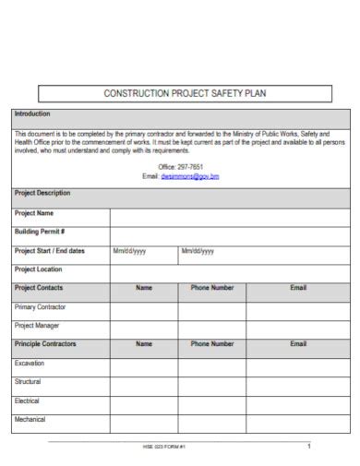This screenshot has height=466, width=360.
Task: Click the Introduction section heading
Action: click(x=34, y=114)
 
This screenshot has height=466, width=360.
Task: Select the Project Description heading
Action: click(x=42, y=193)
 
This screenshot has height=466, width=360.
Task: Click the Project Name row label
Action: click(x=34, y=212)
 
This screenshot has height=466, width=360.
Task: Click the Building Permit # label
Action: click(x=40, y=232)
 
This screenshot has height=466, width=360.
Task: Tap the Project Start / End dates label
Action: click(x=50, y=250)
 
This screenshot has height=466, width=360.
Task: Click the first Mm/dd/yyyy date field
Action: click(x=129, y=250)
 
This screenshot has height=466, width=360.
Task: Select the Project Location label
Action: click(x=39, y=269)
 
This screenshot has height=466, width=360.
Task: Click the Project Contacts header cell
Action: click(x=39, y=288)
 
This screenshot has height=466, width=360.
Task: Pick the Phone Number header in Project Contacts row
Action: click(x=212, y=288)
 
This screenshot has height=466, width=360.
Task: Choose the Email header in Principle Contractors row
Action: click(x=298, y=343)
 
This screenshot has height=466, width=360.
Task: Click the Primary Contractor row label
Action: click(x=40, y=306)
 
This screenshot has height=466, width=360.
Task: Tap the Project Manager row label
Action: click(x=37, y=326)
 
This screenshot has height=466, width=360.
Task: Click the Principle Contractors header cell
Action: click(x=45, y=343)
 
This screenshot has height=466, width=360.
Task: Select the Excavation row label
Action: click(x=30, y=363)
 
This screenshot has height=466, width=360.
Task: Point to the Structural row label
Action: click(x=28, y=381)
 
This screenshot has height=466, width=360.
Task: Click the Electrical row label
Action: click(x=28, y=400)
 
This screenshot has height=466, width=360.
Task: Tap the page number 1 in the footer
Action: click(x=309, y=446)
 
